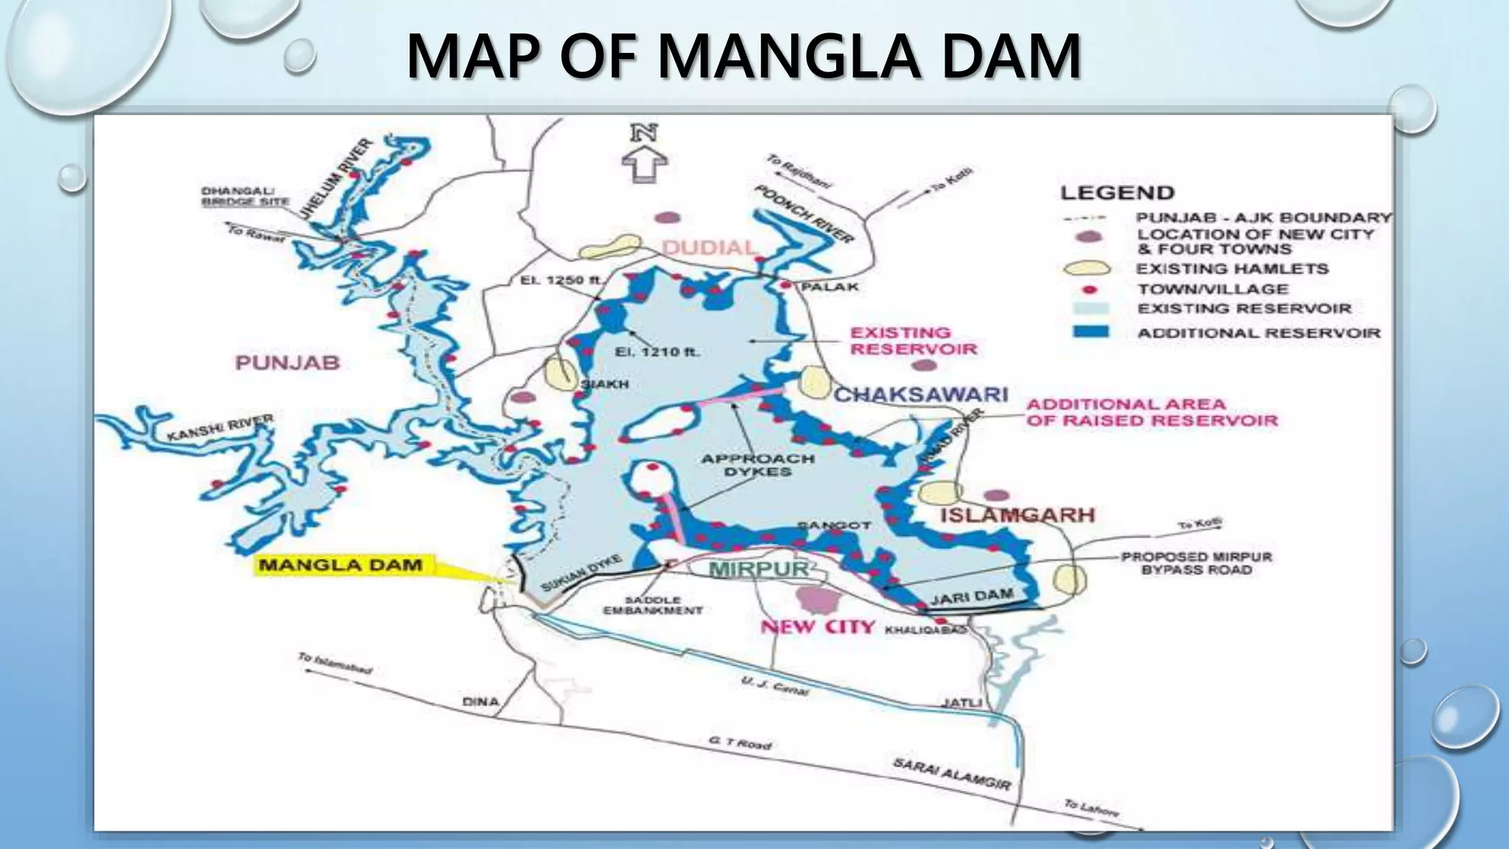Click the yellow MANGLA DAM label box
coord(341,565)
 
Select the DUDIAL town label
coord(708,247)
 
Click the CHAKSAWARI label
coord(920,394)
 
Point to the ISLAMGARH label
coord(1018,515)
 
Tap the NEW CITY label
coord(817,627)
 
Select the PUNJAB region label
coord(287,363)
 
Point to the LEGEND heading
coord(1117,193)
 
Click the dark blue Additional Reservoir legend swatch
coord(1090,331)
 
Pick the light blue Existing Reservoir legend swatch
coord(1090,308)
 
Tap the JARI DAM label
coord(971,596)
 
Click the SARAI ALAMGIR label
coord(951,773)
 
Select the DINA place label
coord(480,702)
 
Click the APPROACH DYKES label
coord(757,464)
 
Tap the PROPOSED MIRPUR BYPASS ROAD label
coord(1196,563)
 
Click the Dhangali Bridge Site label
coord(245,196)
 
